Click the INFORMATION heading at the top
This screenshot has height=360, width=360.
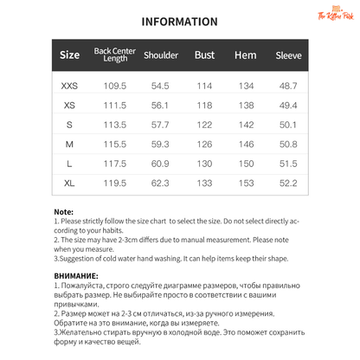[x=179, y=22]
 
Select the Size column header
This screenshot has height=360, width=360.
[x=69, y=56]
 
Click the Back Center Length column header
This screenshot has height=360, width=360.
[x=115, y=56]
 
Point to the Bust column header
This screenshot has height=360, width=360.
[x=204, y=56]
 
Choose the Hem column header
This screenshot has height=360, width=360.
[x=246, y=56]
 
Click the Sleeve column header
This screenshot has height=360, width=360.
[x=288, y=56]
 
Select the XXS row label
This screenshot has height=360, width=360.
[x=69, y=87]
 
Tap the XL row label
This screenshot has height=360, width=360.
[x=69, y=183]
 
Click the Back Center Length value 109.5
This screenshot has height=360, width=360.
[x=115, y=87]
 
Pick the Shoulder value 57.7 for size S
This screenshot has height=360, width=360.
[x=160, y=125]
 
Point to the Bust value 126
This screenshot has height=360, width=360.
[x=204, y=145]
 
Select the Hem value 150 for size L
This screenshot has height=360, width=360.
[x=246, y=164]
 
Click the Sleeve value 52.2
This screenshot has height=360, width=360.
[x=288, y=183]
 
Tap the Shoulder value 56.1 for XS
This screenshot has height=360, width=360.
[x=160, y=106]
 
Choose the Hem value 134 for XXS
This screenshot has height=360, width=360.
[x=246, y=87]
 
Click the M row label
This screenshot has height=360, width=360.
[x=69, y=145]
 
